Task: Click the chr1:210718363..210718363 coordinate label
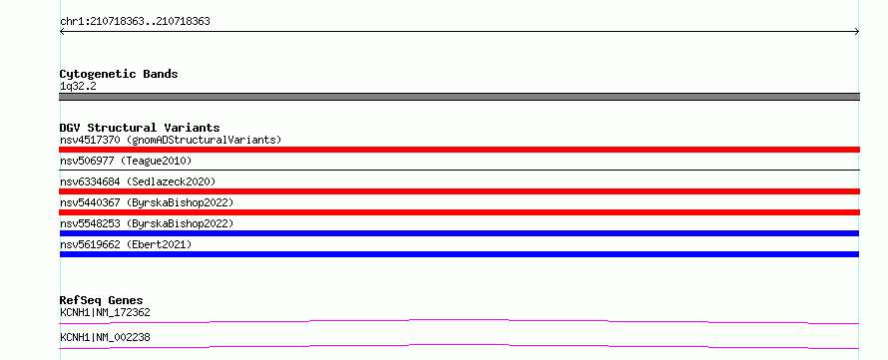(135, 22)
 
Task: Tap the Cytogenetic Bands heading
(119, 74)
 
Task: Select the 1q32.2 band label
(78, 87)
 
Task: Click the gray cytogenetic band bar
(459, 97)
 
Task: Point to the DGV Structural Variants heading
(140, 128)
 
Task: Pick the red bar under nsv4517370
(459, 150)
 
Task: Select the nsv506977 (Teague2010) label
(126, 161)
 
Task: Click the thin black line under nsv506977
(459, 170)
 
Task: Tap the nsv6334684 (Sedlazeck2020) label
(138, 181)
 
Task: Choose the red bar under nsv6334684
(459, 191)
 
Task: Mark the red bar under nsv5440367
(459, 212)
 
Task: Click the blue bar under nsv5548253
(459, 233)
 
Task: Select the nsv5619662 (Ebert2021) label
(126, 244)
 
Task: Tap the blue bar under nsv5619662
(459, 254)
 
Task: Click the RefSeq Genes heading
(102, 300)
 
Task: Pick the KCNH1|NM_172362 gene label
(105, 312)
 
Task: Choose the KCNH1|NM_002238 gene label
(105, 337)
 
